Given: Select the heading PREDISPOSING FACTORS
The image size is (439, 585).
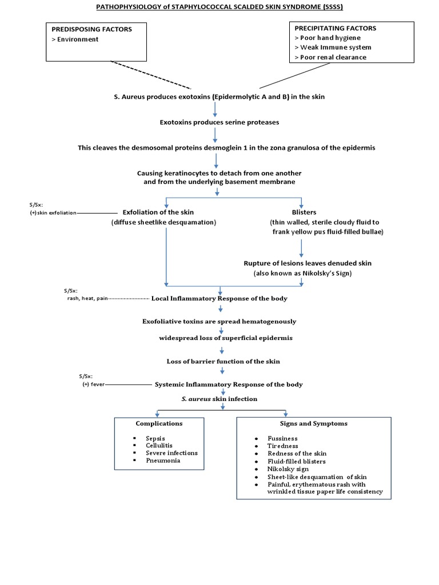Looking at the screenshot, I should [92, 29].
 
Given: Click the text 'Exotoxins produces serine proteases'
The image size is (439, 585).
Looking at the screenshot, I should [219, 122].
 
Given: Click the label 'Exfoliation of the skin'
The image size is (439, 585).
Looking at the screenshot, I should [158, 212].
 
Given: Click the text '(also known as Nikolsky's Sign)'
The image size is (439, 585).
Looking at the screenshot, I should [302, 273].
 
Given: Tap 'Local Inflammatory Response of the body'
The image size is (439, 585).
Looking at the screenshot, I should [219, 298].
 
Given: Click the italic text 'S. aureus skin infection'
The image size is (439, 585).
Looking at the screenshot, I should [219, 398].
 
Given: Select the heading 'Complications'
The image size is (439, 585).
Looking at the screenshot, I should [159, 423].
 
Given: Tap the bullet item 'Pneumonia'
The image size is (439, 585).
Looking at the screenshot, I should [163, 460].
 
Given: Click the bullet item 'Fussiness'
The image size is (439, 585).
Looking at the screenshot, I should [282, 438].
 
